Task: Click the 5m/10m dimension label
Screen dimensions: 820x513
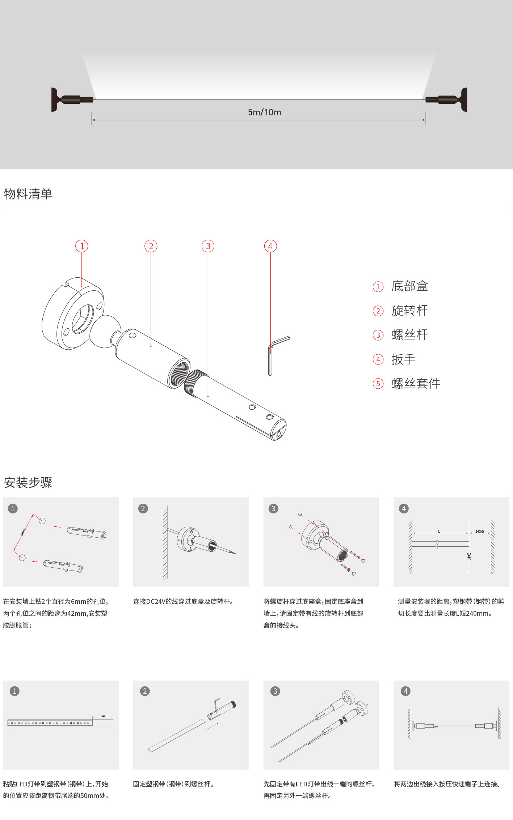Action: click(x=264, y=112)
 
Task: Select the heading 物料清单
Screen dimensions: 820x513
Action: click(x=28, y=194)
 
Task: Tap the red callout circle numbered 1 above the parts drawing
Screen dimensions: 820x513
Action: click(x=82, y=246)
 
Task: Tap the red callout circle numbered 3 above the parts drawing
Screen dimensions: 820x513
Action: click(x=208, y=246)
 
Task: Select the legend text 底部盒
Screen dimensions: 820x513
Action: click(x=409, y=286)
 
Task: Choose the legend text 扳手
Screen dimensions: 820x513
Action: click(x=403, y=359)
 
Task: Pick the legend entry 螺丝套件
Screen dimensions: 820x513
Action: click(x=416, y=384)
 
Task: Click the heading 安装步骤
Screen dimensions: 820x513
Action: click(x=28, y=483)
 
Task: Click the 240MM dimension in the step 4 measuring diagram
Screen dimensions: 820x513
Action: click(x=480, y=531)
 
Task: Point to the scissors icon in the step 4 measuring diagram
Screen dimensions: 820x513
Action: click(x=469, y=556)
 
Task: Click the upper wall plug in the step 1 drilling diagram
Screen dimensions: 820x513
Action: click(x=87, y=533)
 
